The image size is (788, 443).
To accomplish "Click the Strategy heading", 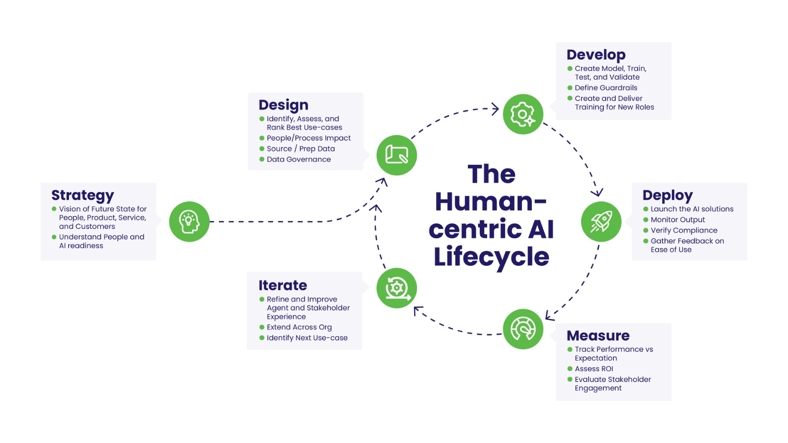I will pyautogui.click(x=83, y=195).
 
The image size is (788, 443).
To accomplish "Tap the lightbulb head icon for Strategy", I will pyautogui.click(x=189, y=221).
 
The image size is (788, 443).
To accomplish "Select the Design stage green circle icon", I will pyautogui.click(x=396, y=155).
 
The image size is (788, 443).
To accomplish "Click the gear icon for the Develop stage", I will pyautogui.click(x=523, y=114).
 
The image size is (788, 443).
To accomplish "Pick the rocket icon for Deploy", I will pyautogui.click(x=601, y=221).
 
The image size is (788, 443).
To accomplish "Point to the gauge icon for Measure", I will pyautogui.click(x=523, y=329).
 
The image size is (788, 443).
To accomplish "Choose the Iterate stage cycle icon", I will pyautogui.click(x=396, y=288).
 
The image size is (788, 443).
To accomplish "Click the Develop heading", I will pyautogui.click(x=596, y=55).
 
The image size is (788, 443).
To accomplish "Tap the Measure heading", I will pyautogui.click(x=598, y=336).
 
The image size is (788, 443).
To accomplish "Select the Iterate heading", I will pyautogui.click(x=283, y=285).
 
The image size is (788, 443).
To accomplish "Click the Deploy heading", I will pyautogui.click(x=667, y=195).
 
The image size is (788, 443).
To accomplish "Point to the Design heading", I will pyautogui.click(x=283, y=105).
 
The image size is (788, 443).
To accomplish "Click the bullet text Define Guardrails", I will pyautogui.click(x=606, y=88).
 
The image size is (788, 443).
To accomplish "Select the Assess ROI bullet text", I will pyautogui.click(x=594, y=369).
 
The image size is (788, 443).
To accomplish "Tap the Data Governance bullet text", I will pyautogui.click(x=298, y=159).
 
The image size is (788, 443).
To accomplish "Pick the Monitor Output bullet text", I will pyautogui.click(x=678, y=220).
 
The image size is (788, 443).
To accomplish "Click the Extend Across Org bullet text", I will pyautogui.click(x=299, y=327).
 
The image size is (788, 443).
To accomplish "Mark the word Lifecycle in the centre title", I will pyautogui.click(x=491, y=257).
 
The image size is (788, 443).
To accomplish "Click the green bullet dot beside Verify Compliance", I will pyautogui.click(x=646, y=230).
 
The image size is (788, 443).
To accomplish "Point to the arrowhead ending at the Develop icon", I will pyautogui.click(x=495, y=109).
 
